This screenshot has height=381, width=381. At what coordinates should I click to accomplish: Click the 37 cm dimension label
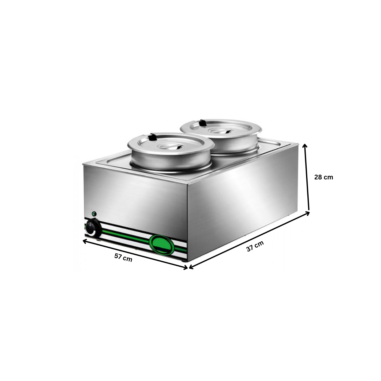pos(255,246)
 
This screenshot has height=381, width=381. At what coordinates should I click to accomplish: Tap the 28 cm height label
pos(324,177)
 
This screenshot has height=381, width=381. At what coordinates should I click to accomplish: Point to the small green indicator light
pos(94,213)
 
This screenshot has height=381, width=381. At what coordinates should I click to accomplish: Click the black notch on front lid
pos(153,137)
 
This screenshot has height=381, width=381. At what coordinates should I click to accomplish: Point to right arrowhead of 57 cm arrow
pos(185,268)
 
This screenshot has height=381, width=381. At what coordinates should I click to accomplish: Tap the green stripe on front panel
pos(127,237)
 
